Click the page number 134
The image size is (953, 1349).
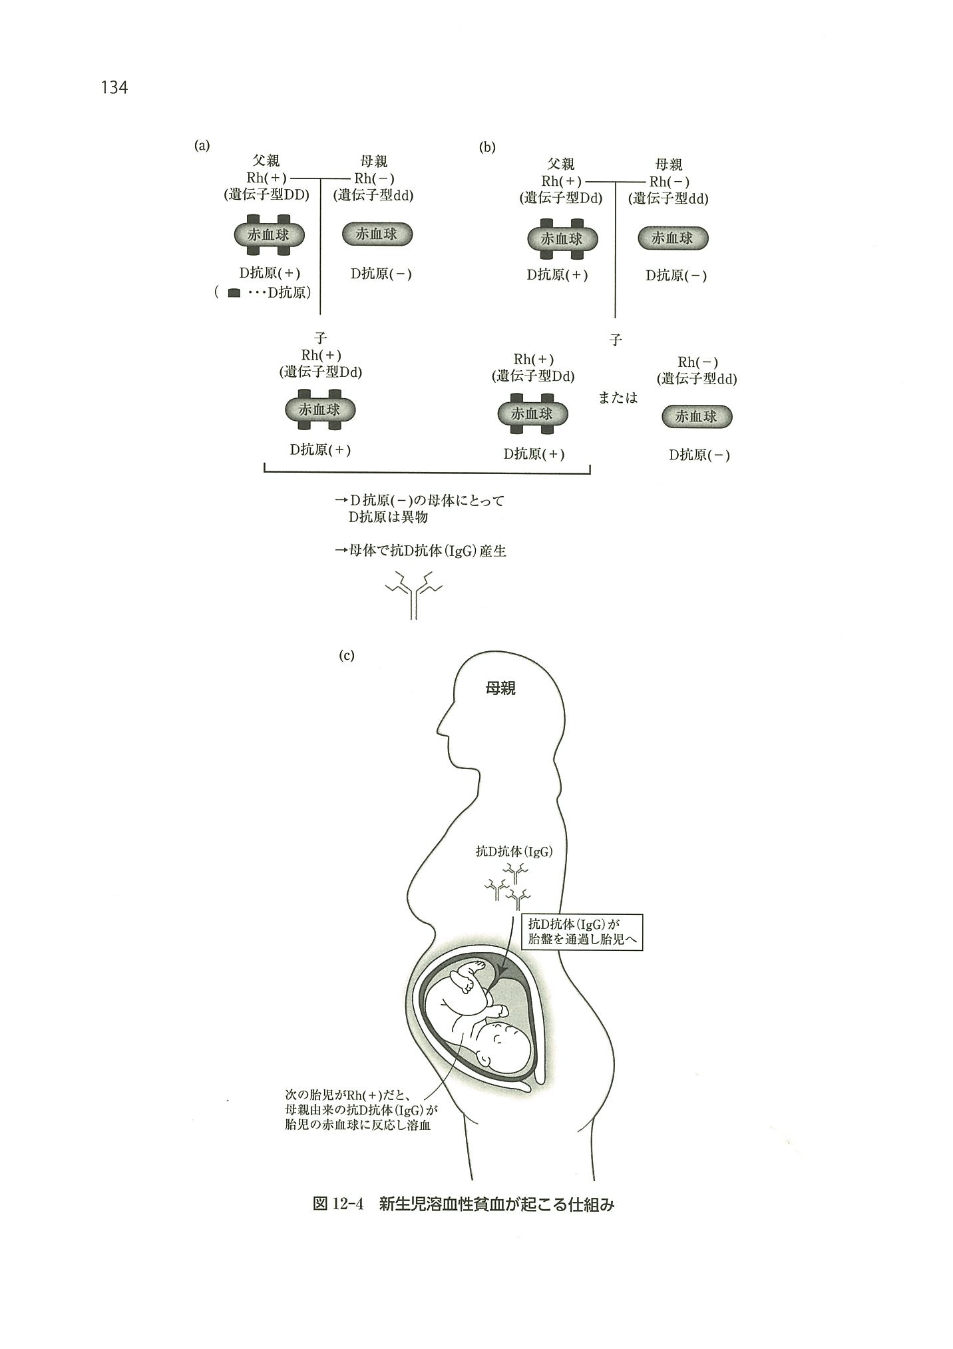[114, 87]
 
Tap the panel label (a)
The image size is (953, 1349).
[202, 146]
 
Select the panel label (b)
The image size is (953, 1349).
[487, 148]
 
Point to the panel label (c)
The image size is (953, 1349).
[347, 656]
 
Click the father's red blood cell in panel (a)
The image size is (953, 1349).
[269, 234]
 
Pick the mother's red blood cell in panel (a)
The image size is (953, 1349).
[377, 234]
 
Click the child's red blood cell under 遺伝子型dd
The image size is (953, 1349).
[697, 417]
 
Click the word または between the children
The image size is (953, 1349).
[618, 398]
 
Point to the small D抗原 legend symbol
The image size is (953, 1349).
[234, 293]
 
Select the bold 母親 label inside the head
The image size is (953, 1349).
[500, 689]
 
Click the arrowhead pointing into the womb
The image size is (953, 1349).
[504, 973]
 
